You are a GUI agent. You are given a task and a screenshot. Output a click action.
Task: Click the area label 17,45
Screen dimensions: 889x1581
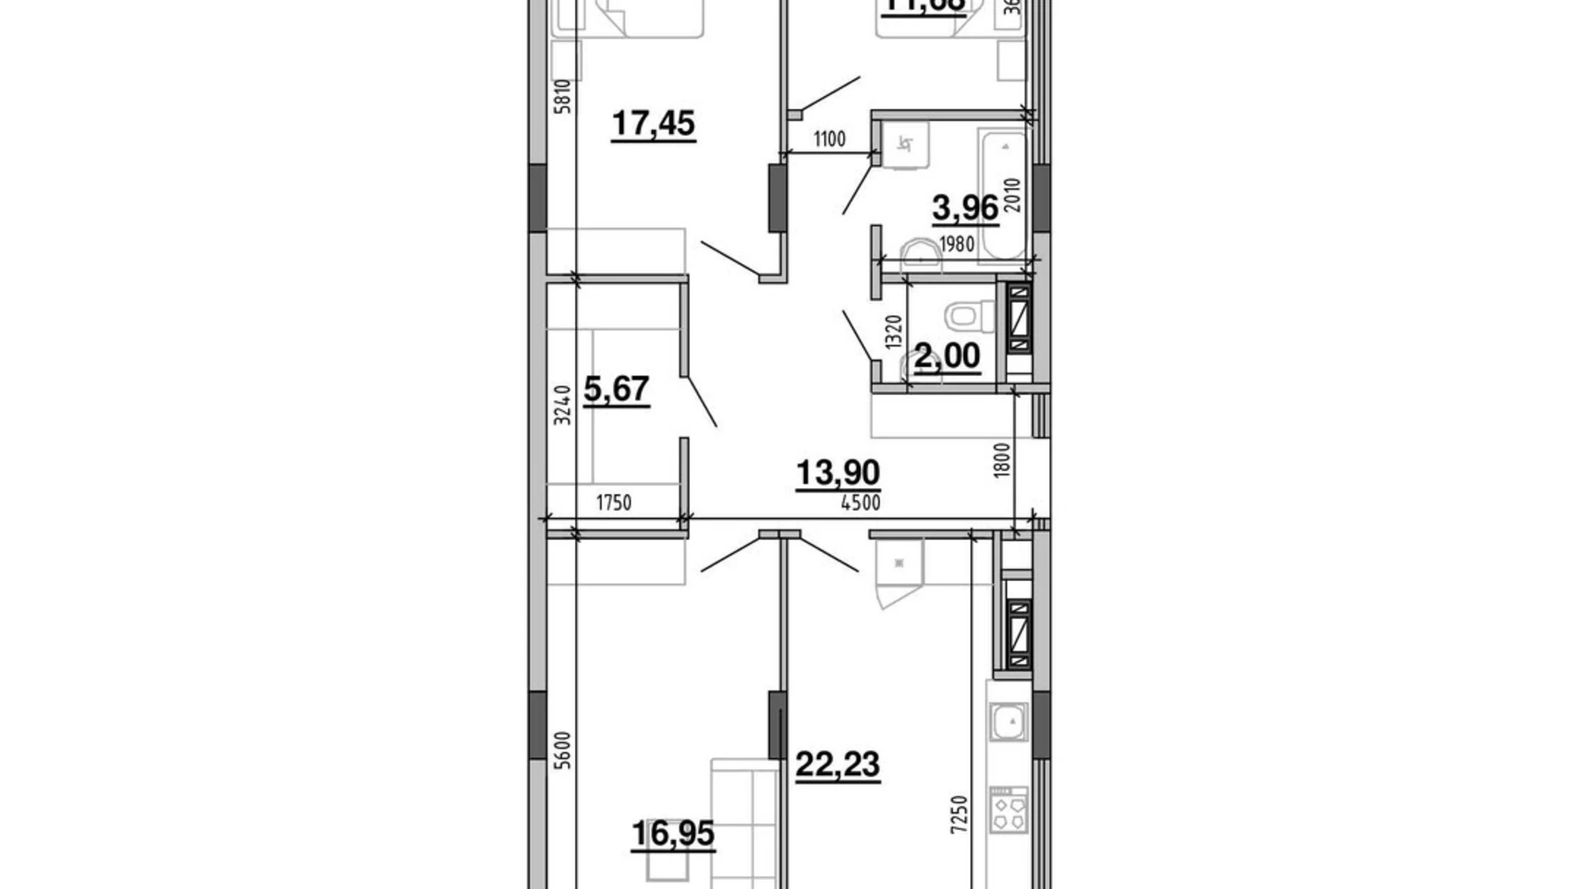coord(653,124)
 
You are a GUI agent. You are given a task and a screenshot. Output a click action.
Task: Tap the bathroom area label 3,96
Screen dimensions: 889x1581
coord(965,207)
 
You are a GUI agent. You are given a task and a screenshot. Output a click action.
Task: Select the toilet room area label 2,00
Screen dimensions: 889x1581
coord(947,356)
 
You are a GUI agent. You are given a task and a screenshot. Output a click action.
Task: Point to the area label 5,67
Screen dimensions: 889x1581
coord(616,390)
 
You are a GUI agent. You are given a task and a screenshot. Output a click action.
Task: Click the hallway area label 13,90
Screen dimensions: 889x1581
coord(838,472)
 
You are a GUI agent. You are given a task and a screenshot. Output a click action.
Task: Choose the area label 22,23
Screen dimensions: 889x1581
coord(838,764)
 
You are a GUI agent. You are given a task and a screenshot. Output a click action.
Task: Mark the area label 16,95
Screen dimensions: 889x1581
coord(673,833)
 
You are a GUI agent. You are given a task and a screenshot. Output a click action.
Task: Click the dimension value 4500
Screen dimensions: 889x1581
coord(860,503)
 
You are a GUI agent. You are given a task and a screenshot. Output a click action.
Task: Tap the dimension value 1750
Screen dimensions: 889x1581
coord(614,503)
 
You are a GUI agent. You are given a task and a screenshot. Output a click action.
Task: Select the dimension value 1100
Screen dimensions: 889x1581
coord(829,138)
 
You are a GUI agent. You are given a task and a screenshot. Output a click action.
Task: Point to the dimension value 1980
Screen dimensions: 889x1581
coord(956,244)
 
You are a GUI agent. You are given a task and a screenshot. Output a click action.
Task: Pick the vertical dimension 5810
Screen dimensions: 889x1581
coord(561,96)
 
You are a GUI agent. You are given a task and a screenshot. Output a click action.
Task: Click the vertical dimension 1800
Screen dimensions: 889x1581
coord(1002,459)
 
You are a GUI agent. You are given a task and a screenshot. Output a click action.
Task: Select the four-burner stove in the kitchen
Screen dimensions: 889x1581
coord(1009,810)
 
